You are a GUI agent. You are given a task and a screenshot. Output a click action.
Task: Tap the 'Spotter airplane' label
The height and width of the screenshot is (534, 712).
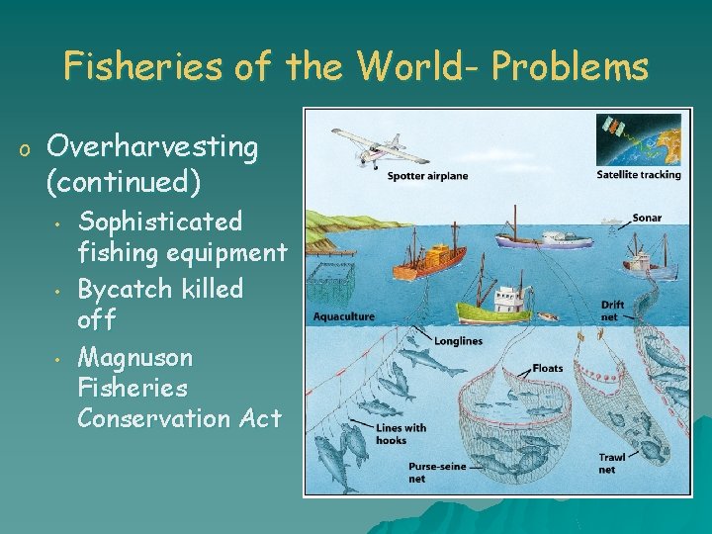(x=427, y=176)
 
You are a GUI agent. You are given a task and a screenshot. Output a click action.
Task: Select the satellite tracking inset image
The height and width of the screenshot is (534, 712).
(x=638, y=139)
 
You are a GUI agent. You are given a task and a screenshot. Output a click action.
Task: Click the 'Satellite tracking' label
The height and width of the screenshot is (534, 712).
(x=639, y=175)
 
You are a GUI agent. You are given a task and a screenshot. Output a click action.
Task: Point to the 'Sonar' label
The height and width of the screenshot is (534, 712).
(x=647, y=218)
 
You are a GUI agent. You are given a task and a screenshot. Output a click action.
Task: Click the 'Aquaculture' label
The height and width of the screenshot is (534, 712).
(x=344, y=316)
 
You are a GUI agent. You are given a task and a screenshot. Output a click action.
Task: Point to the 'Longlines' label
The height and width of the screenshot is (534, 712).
(x=458, y=341)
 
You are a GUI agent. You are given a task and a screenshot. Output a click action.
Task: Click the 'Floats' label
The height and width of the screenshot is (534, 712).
(x=547, y=368)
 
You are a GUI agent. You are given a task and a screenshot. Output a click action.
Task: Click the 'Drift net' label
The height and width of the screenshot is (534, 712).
(x=612, y=311)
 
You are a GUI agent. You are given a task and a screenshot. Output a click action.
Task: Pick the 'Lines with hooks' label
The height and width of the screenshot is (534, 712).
(x=400, y=433)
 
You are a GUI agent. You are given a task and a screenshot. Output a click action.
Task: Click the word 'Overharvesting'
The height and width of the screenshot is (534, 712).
(x=152, y=148)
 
